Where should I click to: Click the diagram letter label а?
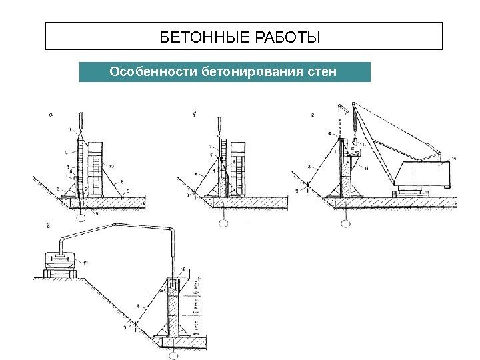[51, 115]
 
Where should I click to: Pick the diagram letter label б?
[193, 115]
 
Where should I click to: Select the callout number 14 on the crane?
[453, 157]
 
